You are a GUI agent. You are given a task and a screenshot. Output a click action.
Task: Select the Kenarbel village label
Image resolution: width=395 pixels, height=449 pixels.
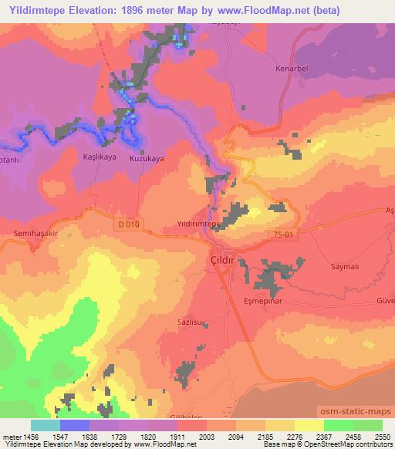click(x=292, y=69)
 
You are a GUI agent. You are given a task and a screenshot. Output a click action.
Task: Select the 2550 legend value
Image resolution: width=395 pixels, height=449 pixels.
click(x=382, y=437)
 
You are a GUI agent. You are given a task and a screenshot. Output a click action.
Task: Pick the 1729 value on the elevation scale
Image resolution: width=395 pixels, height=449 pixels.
click(x=120, y=437)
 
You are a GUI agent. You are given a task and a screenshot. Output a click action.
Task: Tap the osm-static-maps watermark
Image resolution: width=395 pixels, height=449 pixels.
click(x=357, y=414)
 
